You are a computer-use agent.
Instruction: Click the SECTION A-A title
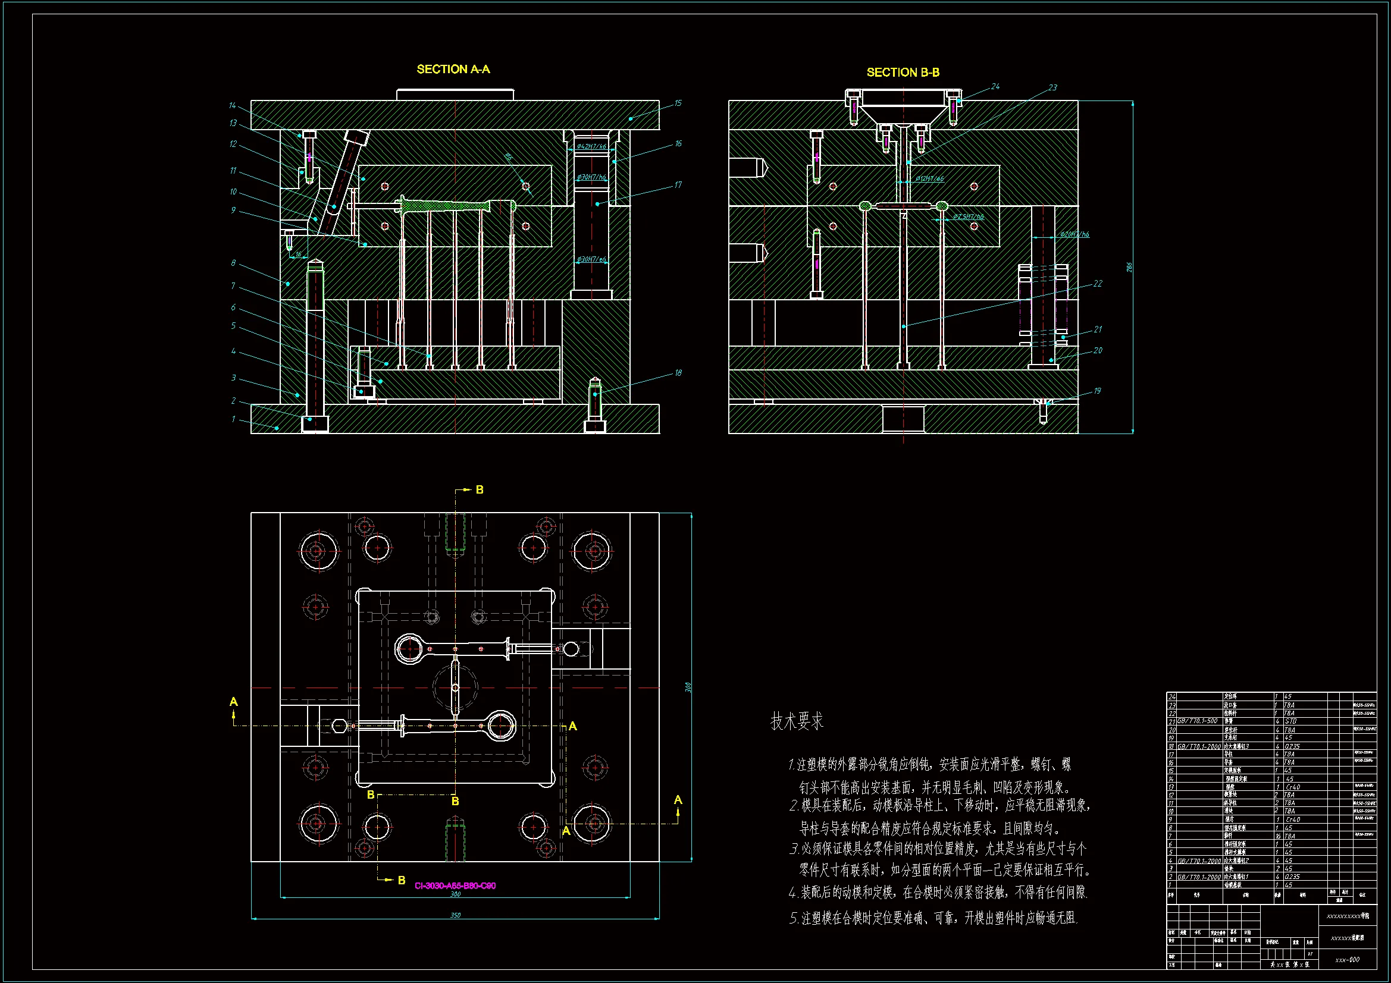[453, 70]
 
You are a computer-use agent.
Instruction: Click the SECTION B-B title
[903, 73]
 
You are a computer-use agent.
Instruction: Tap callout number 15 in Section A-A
[678, 103]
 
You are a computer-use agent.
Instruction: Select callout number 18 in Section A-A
[678, 373]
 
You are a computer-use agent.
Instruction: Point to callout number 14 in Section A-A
[232, 106]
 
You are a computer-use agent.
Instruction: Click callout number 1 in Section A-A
[233, 419]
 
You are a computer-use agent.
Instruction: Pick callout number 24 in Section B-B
[995, 87]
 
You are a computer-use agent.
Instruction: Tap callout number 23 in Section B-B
[1052, 88]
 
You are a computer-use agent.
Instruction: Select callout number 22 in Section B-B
[1098, 284]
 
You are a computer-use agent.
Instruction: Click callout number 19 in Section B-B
[1097, 391]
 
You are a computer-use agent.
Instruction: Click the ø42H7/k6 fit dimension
[591, 146]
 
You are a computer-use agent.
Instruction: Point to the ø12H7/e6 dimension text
[929, 178]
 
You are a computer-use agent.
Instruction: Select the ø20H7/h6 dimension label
[1074, 234]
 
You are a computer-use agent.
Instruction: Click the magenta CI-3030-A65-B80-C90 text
[455, 886]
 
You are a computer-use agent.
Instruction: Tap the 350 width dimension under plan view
[455, 915]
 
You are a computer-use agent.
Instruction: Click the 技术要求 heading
[797, 721]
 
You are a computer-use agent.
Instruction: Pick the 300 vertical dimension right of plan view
[688, 687]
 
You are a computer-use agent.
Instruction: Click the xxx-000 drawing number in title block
[1348, 960]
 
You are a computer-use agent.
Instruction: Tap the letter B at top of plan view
[479, 489]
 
